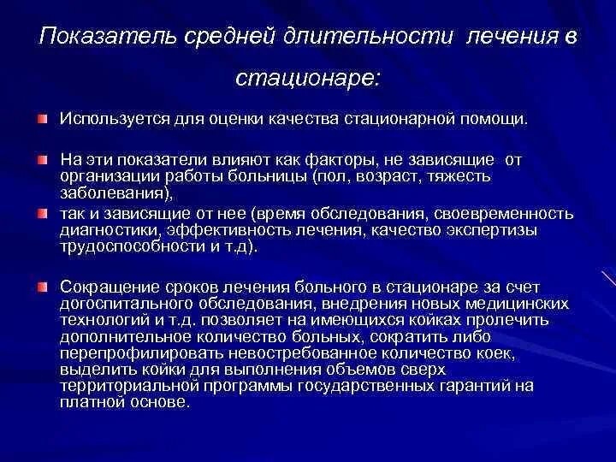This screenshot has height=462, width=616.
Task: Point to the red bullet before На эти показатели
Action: pyautogui.click(x=42, y=160)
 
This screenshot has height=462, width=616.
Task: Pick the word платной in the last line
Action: pyautogui.click(x=91, y=400)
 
